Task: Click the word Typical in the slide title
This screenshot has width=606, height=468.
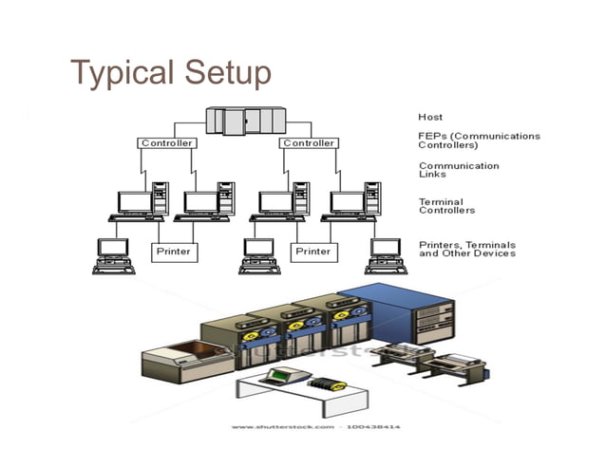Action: tap(120, 72)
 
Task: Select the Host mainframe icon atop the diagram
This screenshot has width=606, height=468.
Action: tap(245, 121)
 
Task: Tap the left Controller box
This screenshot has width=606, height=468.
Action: tap(167, 143)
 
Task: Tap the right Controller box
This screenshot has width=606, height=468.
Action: tap(308, 143)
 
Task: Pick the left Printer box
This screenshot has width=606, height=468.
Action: tap(174, 252)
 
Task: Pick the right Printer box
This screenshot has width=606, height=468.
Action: tap(312, 252)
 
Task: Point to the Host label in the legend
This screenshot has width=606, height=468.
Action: tap(430, 117)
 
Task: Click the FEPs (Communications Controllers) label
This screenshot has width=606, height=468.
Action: tap(479, 140)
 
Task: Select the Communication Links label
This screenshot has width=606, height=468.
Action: tap(459, 170)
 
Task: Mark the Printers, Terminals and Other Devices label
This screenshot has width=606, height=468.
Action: tap(467, 249)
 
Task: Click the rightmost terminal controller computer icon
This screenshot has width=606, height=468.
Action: tap(348, 205)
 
